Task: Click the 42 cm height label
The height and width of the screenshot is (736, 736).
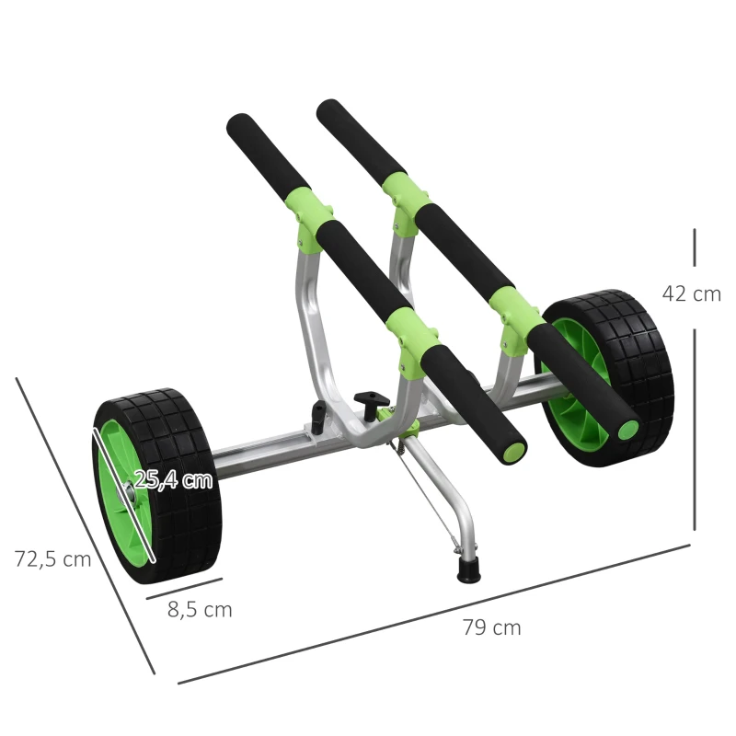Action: click(691, 293)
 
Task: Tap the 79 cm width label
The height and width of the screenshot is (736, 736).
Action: click(491, 627)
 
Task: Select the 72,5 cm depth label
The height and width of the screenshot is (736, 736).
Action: click(52, 558)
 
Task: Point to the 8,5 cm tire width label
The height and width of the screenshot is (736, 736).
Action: click(200, 609)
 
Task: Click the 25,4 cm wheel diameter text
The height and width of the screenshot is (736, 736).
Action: click(173, 479)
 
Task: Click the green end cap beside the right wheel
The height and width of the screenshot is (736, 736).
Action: click(628, 430)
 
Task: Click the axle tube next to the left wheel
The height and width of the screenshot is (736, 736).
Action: click(262, 455)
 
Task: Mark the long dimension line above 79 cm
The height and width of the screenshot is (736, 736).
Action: click(432, 613)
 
